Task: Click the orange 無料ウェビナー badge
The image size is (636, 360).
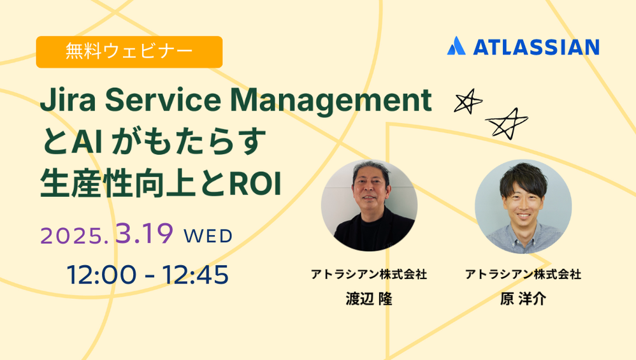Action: [129, 52]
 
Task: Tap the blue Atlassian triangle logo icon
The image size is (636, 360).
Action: [456, 47]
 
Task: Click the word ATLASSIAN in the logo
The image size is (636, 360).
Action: [535, 47]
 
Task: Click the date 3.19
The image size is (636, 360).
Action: [144, 234]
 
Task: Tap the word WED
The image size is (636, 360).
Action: [208, 236]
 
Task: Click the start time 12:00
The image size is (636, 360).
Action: [102, 275]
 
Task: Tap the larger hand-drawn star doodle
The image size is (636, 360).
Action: [507, 123]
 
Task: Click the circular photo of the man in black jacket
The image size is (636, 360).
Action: [369, 205]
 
